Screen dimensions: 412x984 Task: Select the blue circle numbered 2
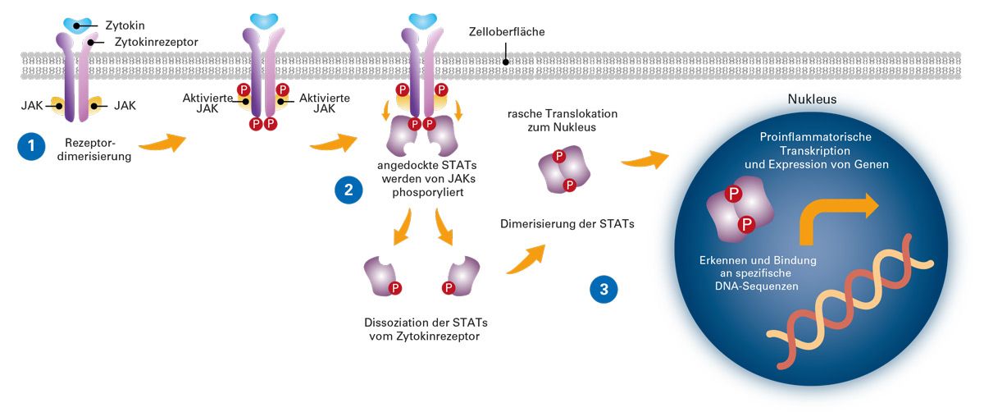[348, 190]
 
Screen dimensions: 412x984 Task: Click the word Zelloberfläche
[504, 32]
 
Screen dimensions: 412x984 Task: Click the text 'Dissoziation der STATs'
[420, 321]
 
